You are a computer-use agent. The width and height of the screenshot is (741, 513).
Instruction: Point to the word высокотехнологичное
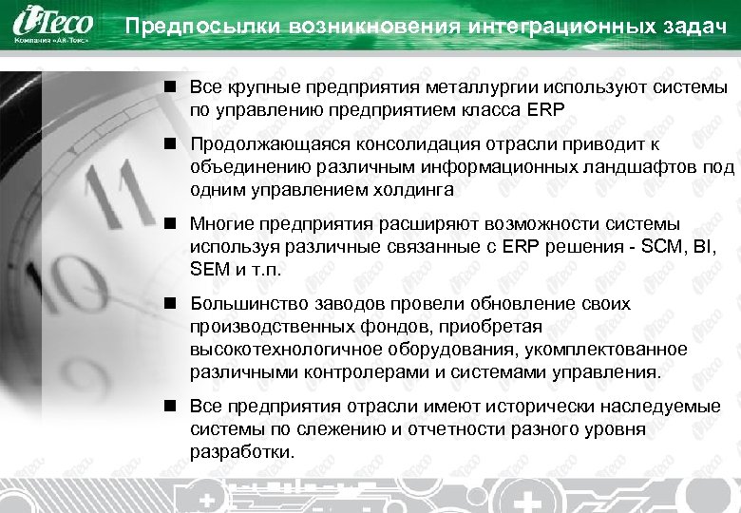[275, 349]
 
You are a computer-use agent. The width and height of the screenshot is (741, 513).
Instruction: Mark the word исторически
[523, 407]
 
